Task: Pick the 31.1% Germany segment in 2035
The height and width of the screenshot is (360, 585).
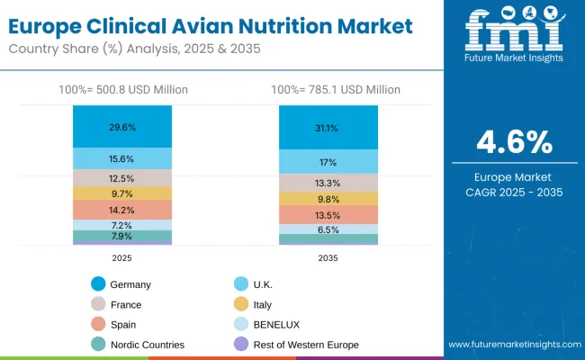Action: [x=328, y=128]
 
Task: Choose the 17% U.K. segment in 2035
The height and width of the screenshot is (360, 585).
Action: [x=328, y=162]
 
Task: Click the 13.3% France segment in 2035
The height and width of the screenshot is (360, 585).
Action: [x=328, y=183]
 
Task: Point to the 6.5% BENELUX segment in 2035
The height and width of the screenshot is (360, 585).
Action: [x=328, y=229]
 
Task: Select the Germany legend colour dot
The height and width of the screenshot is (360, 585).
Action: [x=98, y=284]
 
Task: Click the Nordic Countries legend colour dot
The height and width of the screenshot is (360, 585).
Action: [x=98, y=344]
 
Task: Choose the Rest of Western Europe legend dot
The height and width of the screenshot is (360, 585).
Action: [x=238, y=344]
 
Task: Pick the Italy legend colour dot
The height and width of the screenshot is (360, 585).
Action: [x=238, y=304]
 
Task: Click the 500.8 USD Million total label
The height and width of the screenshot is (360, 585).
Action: [x=122, y=90]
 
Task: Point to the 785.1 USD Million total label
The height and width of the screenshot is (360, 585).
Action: [x=328, y=90]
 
